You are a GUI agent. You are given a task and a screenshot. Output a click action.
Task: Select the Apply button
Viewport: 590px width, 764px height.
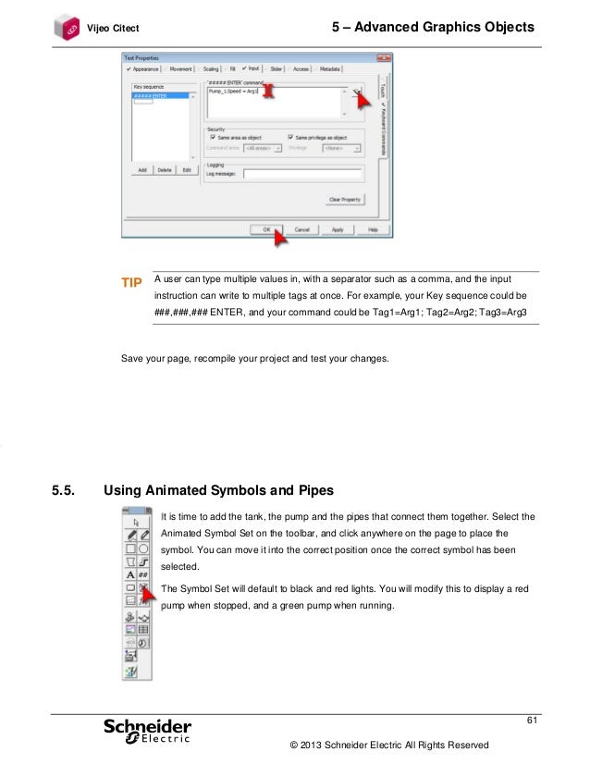coord(337,228)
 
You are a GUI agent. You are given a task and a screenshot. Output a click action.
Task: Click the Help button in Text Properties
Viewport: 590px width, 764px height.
coord(372,228)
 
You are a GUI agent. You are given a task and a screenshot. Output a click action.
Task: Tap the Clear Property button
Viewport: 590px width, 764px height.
coord(346,199)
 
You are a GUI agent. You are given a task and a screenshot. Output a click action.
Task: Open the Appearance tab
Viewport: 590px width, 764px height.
coord(143,68)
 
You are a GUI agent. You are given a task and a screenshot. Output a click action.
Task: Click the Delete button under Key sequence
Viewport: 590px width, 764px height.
coord(165,170)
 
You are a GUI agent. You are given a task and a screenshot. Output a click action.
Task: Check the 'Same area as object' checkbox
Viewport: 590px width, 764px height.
coord(215,137)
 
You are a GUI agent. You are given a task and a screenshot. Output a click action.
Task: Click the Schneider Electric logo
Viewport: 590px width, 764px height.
coord(147,731)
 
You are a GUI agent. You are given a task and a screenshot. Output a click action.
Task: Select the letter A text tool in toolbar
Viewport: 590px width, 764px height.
coord(130,574)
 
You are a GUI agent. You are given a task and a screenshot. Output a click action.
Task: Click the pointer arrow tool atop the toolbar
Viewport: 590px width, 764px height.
coord(137,522)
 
